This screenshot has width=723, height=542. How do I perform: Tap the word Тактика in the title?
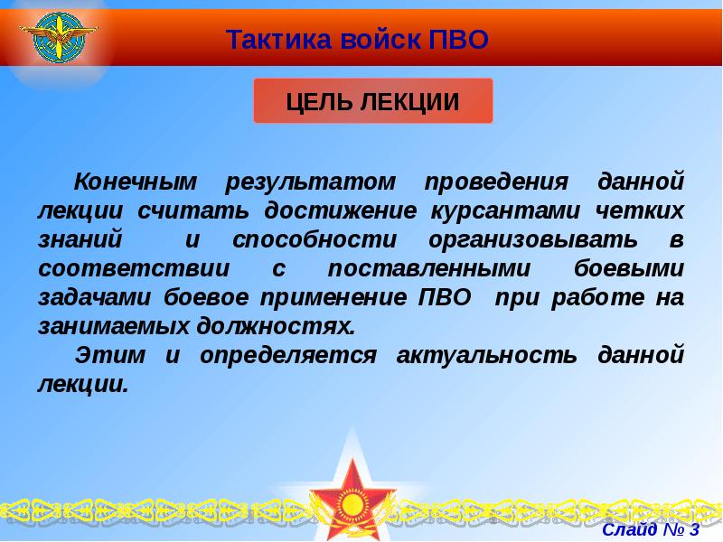269,39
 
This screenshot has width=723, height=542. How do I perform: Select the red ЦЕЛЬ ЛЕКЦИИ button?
372,100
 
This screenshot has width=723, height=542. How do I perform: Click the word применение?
339,297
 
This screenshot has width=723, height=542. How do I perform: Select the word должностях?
271,325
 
